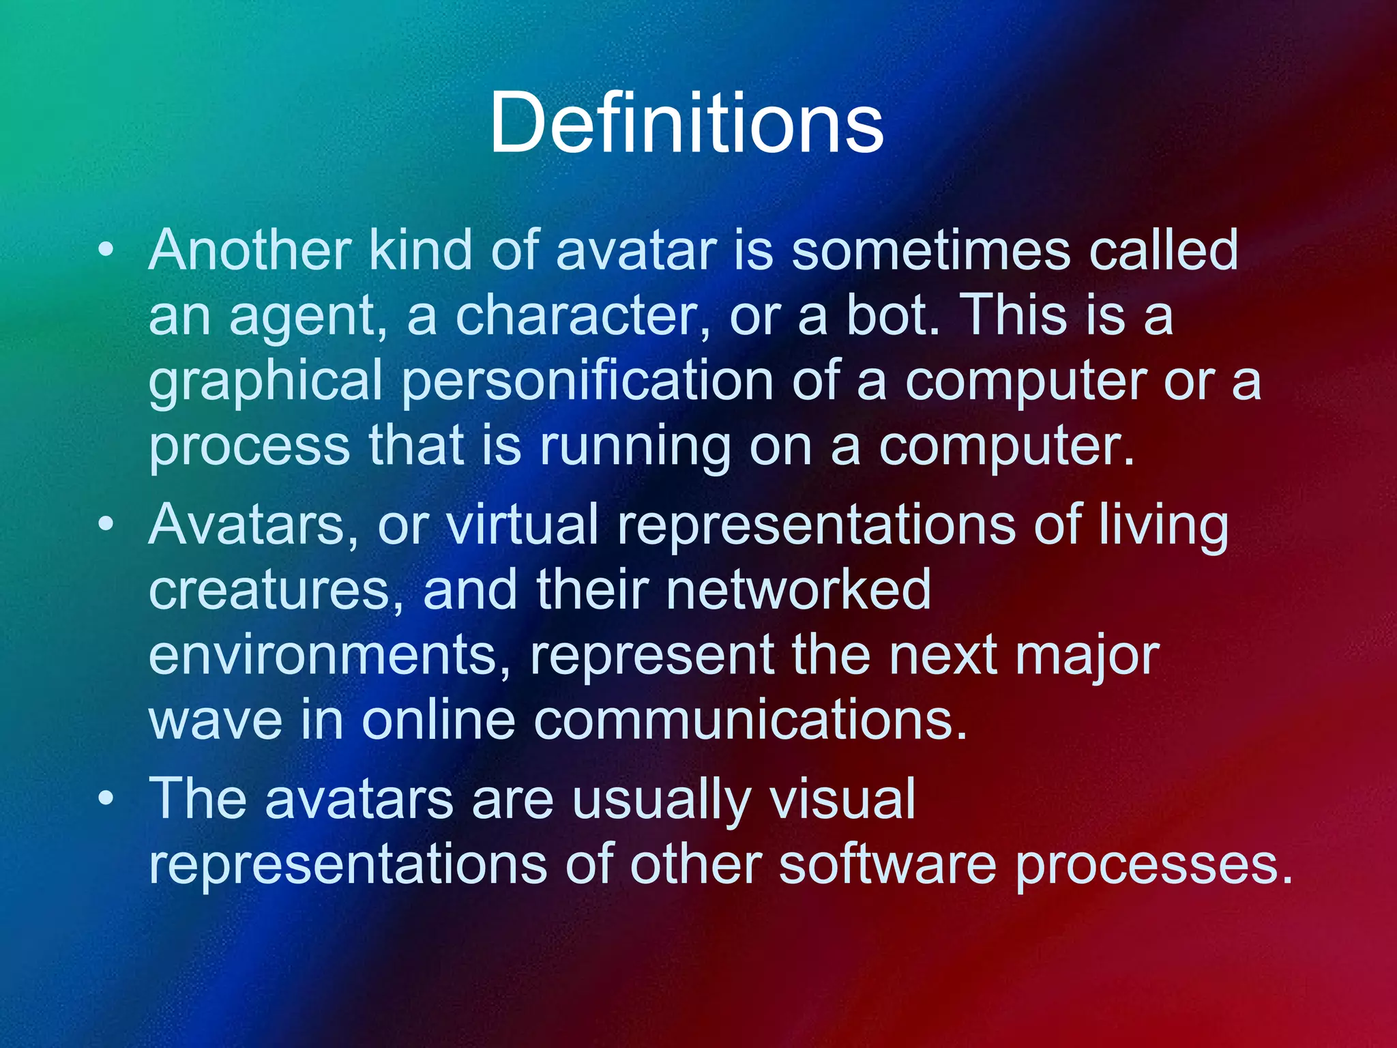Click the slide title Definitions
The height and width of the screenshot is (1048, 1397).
click(x=686, y=123)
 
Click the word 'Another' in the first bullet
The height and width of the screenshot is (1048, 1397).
click(x=250, y=250)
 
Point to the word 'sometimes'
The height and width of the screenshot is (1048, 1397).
click(x=931, y=250)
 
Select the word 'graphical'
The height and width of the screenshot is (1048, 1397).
click(x=265, y=383)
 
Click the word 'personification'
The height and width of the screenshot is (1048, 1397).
click(x=587, y=383)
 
